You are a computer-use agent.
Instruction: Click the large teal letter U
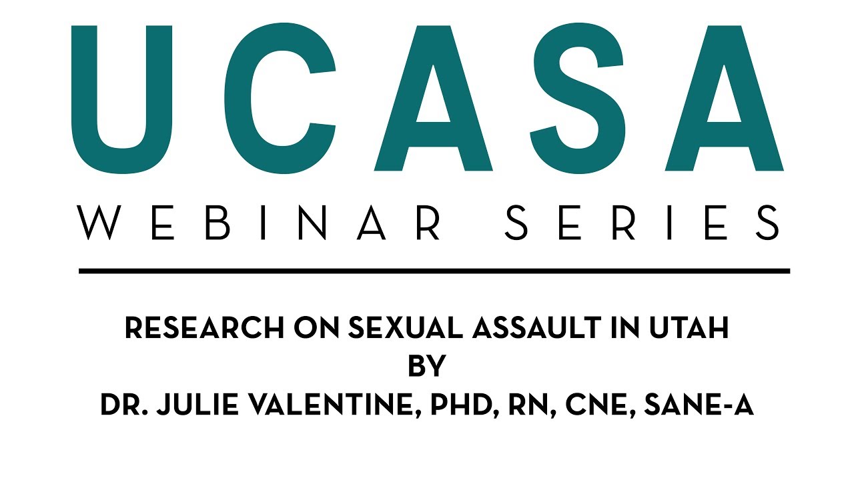123,100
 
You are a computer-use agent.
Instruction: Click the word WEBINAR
260,223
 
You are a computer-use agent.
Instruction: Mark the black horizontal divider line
434,271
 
